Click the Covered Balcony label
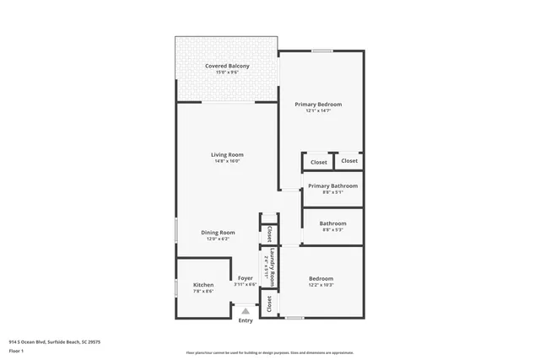pyautogui.click(x=227, y=65)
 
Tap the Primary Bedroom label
pyautogui.click(x=318, y=104)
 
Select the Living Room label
pyautogui.click(x=227, y=154)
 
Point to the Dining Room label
pyautogui.click(x=218, y=232)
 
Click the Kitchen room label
pyautogui.click(x=203, y=285)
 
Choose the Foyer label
pyautogui.click(x=246, y=278)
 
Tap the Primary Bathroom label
pyautogui.click(x=332, y=185)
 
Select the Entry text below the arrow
pyautogui.click(x=246, y=320)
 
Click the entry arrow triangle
pyautogui.click(x=246, y=311)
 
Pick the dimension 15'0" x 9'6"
pyautogui.click(x=227, y=72)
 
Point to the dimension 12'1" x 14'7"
pyautogui.click(x=318, y=110)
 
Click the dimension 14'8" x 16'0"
pyautogui.click(x=227, y=161)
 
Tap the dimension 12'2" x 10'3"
pyautogui.click(x=321, y=285)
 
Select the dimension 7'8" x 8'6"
pyautogui.click(x=203, y=292)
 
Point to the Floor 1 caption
pyautogui.click(x=17, y=350)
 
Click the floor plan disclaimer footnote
pyautogui.click(x=270, y=352)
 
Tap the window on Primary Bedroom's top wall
pyautogui.click(x=321, y=51)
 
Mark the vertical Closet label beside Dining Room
pyautogui.click(x=269, y=233)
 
